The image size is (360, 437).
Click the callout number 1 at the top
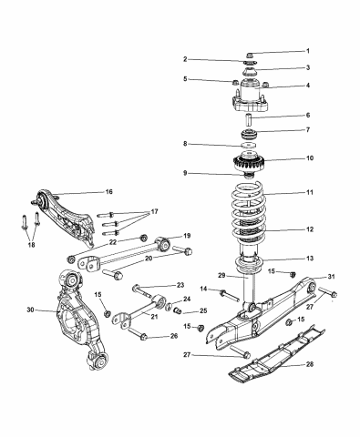(x=307, y=51)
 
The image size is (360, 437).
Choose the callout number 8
(x=186, y=144)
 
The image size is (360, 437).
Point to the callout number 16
(x=108, y=192)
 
